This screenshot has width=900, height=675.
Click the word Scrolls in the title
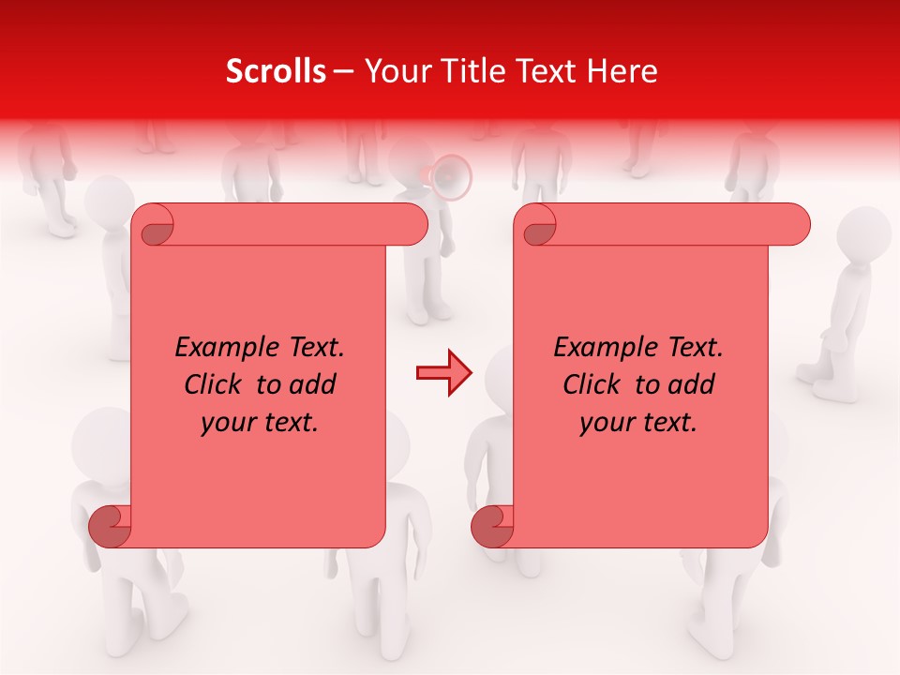pyautogui.click(x=276, y=71)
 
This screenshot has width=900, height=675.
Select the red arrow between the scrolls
pyautogui.click(x=443, y=373)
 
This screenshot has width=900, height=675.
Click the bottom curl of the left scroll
pyautogui.click(x=110, y=526)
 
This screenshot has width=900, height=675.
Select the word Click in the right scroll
pyautogui.click(x=592, y=385)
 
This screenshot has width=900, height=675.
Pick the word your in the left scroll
pyautogui.click(x=227, y=423)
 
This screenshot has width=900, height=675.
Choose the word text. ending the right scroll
pyautogui.click(x=669, y=423)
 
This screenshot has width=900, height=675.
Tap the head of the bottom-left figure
pyautogui.click(x=101, y=441)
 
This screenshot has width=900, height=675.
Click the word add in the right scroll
pyautogui.click(x=692, y=385)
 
